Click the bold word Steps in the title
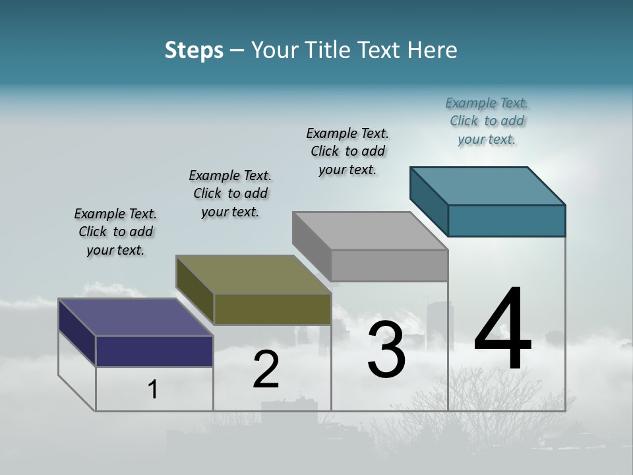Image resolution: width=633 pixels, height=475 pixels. coord(194,50)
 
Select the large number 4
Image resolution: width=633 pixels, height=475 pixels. coord(502,330)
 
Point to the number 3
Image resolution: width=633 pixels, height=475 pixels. coord(386,350)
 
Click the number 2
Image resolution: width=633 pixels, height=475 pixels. coord(266,370)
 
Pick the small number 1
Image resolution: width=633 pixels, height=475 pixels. coord(153,390)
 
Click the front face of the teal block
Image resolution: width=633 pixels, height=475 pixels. coord(506,220)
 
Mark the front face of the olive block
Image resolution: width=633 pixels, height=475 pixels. coord(272,309)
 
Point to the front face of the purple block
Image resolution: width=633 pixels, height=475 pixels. coord(154,351)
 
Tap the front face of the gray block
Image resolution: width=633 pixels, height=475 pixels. coord(389,265)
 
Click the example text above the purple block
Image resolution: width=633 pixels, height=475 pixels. coord(115,232)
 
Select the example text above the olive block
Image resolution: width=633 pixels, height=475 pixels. coord(230,193)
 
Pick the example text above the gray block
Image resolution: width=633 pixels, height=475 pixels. coord(347,151)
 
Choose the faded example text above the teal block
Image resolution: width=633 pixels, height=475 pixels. coord(487,121)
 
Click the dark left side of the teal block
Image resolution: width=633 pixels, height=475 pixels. coord(429,198)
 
